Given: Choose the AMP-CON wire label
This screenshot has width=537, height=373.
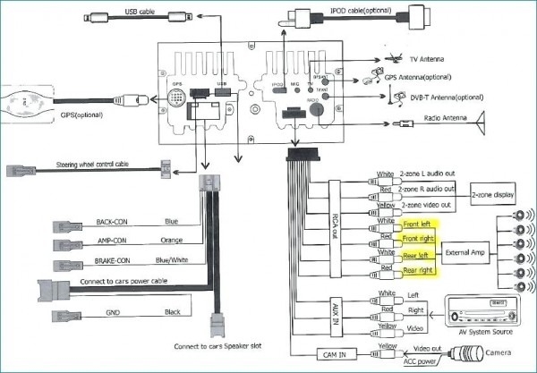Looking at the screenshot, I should (114, 242).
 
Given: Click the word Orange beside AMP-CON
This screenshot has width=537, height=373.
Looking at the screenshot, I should (174, 242).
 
